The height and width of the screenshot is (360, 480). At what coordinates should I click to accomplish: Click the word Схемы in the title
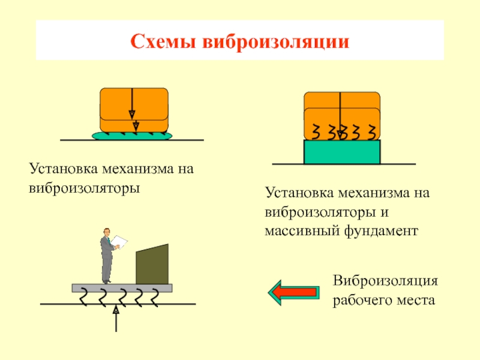(163, 41)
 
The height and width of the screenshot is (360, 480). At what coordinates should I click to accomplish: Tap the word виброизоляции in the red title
(275, 41)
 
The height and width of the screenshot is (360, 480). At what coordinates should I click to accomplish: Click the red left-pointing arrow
(293, 293)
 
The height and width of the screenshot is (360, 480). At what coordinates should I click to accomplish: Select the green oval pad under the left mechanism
(132, 136)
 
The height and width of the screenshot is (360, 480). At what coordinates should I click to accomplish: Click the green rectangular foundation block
(342, 152)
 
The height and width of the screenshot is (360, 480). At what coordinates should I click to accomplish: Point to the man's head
(107, 232)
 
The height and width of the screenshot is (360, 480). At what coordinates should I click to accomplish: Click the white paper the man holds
(119, 242)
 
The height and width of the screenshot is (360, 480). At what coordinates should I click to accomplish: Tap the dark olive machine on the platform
(152, 264)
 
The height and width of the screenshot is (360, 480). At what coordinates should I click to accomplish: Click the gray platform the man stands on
(122, 288)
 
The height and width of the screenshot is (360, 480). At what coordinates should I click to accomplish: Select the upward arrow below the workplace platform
(116, 319)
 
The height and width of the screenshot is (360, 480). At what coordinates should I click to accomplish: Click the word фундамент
(381, 230)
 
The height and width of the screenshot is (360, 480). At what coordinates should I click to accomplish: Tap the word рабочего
(362, 300)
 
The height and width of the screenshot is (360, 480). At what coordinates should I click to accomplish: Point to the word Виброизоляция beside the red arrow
(385, 281)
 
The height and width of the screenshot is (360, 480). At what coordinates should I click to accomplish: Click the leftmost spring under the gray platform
(83, 297)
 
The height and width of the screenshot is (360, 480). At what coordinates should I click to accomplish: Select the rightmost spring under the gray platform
(155, 298)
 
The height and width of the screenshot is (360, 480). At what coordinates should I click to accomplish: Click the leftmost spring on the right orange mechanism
(316, 131)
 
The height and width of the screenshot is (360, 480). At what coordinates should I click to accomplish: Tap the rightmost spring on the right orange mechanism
(372, 132)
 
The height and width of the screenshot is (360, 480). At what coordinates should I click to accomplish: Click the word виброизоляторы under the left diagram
(84, 188)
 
